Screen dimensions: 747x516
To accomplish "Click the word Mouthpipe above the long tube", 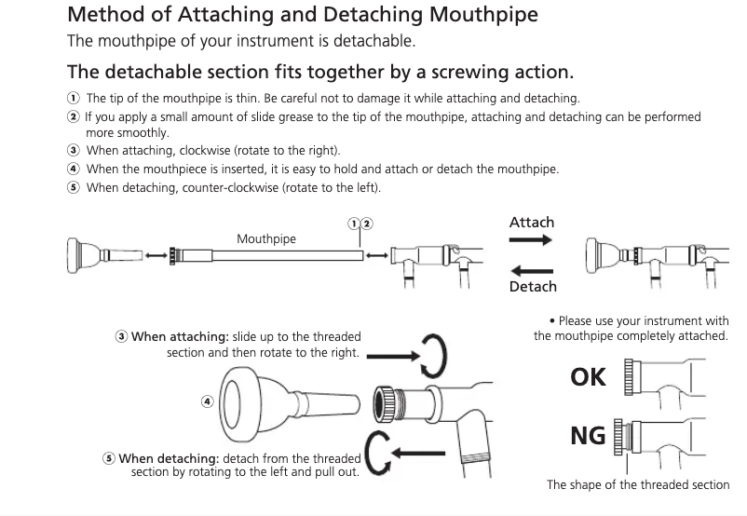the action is pyautogui.click(x=266, y=238).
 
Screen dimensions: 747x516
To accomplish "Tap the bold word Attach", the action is pyautogui.click(x=532, y=223).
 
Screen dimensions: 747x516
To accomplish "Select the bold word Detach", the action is pyautogui.click(x=533, y=286).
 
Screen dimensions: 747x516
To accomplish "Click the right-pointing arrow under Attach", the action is pyautogui.click(x=531, y=239).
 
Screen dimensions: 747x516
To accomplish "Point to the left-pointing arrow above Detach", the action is pyautogui.click(x=532, y=271).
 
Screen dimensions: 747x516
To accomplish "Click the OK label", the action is pyautogui.click(x=588, y=377).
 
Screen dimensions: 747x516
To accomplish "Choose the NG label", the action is pyautogui.click(x=588, y=436).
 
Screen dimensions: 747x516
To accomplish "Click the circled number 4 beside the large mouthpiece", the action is pyautogui.click(x=207, y=401).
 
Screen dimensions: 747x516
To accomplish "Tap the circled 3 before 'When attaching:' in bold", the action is pyautogui.click(x=121, y=336).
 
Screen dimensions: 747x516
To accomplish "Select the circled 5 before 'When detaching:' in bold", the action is pyautogui.click(x=109, y=458).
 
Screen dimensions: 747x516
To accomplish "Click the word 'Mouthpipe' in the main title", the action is pyautogui.click(x=483, y=15).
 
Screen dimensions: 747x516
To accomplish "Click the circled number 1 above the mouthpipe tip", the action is pyautogui.click(x=354, y=224).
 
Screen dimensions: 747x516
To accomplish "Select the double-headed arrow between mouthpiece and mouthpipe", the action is pyautogui.click(x=156, y=255).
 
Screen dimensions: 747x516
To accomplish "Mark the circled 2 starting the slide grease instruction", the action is pyautogui.click(x=73, y=116).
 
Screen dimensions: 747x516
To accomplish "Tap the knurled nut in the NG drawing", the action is pyautogui.click(x=618, y=437).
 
